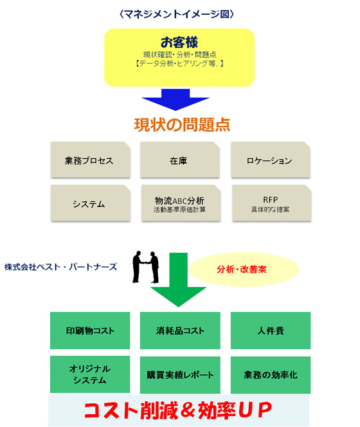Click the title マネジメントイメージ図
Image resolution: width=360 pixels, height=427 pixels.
(176, 14)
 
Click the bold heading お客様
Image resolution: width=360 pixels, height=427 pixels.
(179, 42)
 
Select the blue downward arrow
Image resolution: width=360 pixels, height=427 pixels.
(175, 100)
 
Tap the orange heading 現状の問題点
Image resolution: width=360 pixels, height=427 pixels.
(182, 125)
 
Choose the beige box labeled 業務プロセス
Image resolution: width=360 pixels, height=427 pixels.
(91, 160)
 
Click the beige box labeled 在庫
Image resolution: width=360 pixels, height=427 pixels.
(180, 160)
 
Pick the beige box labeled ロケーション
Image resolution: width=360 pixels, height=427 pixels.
(271, 160)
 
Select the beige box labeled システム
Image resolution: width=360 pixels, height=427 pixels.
(91, 203)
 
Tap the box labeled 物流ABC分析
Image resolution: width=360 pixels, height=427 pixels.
(181, 203)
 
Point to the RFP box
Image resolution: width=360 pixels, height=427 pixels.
(271, 203)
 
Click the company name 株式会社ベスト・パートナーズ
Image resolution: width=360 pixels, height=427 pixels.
(60, 267)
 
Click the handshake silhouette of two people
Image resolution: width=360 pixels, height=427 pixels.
(146, 267)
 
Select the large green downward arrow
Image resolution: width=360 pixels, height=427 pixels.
(178, 280)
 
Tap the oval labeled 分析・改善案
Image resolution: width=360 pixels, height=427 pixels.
(244, 269)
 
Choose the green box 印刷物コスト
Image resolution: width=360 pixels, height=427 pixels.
(90, 331)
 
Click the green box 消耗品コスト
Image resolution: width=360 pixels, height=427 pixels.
(180, 331)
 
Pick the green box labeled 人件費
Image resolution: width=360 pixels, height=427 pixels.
(271, 331)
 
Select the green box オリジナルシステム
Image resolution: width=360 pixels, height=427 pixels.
(90, 374)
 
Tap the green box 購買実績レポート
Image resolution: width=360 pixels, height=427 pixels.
(180, 375)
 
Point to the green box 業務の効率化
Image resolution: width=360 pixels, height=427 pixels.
(271, 375)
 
